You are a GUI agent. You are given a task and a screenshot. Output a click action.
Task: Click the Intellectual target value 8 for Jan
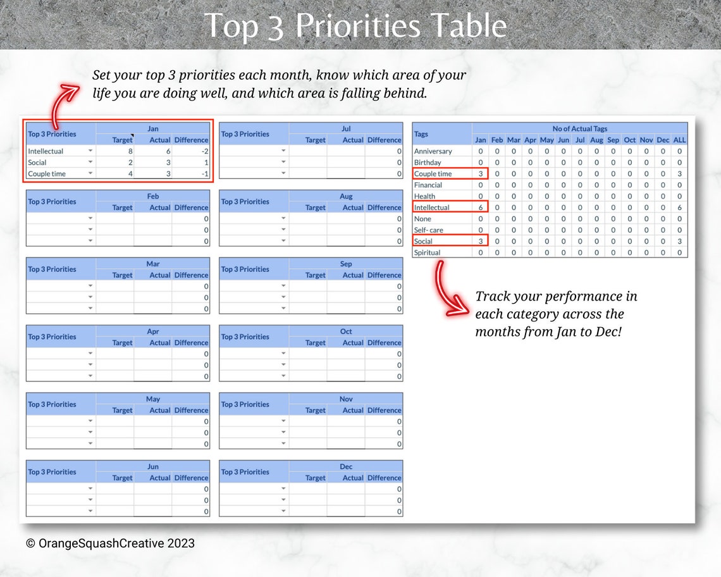click(x=130, y=151)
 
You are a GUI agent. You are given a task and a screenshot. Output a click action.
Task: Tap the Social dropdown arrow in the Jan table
click(x=90, y=163)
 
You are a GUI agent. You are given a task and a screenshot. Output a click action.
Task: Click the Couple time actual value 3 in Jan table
click(x=167, y=174)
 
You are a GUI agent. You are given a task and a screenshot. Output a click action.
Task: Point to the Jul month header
click(x=346, y=128)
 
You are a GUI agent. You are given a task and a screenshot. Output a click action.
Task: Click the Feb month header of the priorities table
click(x=153, y=196)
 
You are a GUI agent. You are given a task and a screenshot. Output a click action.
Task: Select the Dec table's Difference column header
click(x=384, y=478)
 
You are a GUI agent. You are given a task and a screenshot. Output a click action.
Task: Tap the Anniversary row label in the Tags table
click(x=433, y=151)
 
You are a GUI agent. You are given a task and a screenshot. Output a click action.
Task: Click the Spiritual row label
click(x=427, y=252)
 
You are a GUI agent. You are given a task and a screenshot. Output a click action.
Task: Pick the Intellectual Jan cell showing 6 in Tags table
click(x=481, y=208)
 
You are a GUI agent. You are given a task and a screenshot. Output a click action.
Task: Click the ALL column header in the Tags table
click(x=679, y=140)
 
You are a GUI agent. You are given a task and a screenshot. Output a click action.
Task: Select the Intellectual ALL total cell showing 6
click(x=679, y=208)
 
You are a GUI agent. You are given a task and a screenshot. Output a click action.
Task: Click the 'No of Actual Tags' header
click(x=579, y=128)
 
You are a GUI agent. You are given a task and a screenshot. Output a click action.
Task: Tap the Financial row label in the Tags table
click(x=428, y=185)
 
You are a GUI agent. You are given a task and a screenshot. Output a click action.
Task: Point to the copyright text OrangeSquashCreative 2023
click(x=110, y=543)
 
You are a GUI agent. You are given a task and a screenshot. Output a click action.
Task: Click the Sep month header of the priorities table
click(x=346, y=264)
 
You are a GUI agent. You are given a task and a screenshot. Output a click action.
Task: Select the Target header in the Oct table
click(x=315, y=342)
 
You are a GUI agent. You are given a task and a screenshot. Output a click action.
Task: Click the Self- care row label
click(x=428, y=230)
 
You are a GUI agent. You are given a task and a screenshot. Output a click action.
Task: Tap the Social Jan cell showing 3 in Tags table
click(x=481, y=241)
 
